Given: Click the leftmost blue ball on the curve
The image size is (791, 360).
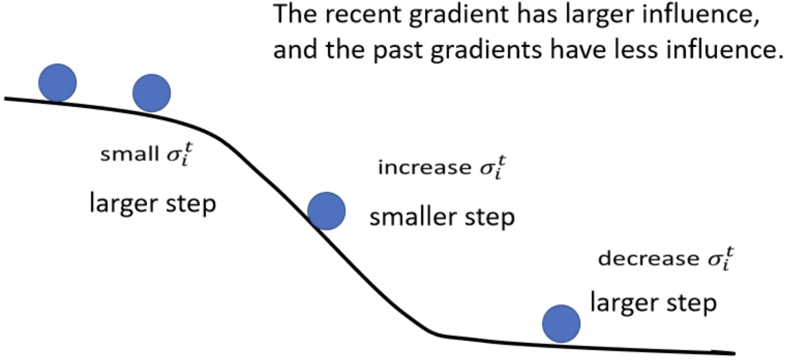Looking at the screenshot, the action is click(x=58, y=83).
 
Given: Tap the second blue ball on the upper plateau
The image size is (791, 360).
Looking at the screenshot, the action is click(x=151, y=93).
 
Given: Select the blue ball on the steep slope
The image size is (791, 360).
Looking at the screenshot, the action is click(x=326, y=211).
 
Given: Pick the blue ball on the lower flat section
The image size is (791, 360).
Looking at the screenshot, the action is click(x=561, y=324).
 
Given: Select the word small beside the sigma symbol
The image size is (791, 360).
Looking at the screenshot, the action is click(x=129, y=154).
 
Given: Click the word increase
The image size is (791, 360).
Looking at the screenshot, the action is click(x=424, y=167).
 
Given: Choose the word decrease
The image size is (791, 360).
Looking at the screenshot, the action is click(x=648, y=259).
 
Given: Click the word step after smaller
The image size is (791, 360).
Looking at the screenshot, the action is click(x=490, y=218).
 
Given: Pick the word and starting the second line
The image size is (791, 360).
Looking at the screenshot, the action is click(x=296, y=50).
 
